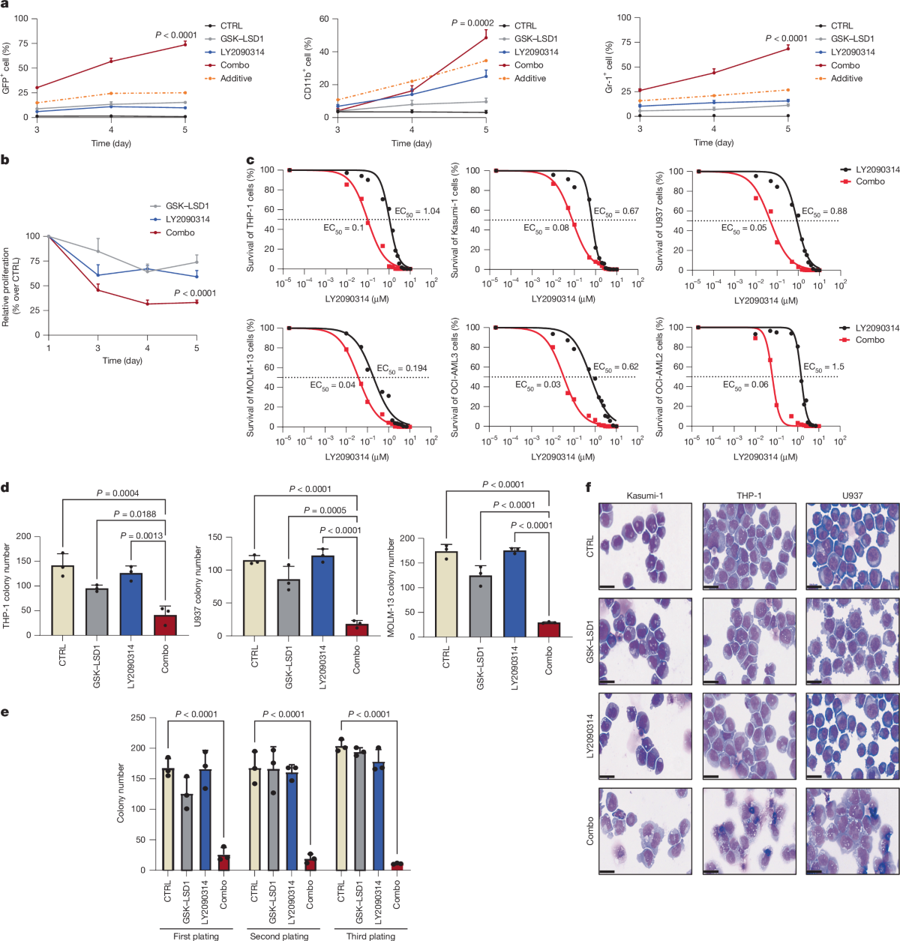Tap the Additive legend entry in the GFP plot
(x=235, y=79)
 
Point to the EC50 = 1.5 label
(x=823, y=367)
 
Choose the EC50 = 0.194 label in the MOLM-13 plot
(x=401, y=369)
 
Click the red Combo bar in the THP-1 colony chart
(x=165, y=625)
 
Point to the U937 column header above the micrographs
(x=852, y=496)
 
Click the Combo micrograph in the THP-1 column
(x=748, y=831)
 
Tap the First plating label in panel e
(x=196, y=936)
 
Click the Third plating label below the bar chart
(x=370, y=936)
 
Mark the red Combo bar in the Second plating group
(x=310, y=863)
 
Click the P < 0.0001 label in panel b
(x=195, y=293)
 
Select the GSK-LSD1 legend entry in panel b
(x=187, y=206)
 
